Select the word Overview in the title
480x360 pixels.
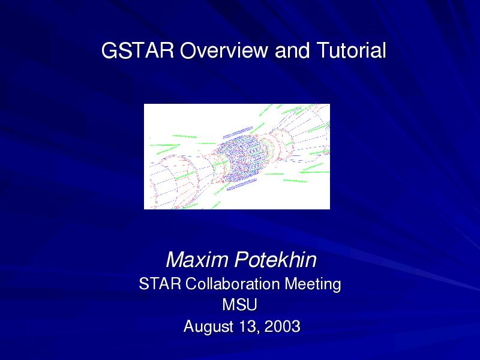point(224,50)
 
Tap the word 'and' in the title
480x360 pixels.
point(292,50)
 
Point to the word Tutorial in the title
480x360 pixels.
point(351,50)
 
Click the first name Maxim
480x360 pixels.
point(197,260)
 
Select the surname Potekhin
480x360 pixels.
point(275,260)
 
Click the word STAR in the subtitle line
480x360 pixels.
point(160,283)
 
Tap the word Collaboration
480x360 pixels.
point(232,283)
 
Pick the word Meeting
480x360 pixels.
point(313,284)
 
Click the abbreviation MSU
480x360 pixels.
point(239,305)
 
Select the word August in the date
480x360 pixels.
point(209,327)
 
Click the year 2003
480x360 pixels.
point(282,326)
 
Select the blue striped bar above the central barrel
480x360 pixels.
point(238,132)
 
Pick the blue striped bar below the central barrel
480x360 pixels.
point(242,185)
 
